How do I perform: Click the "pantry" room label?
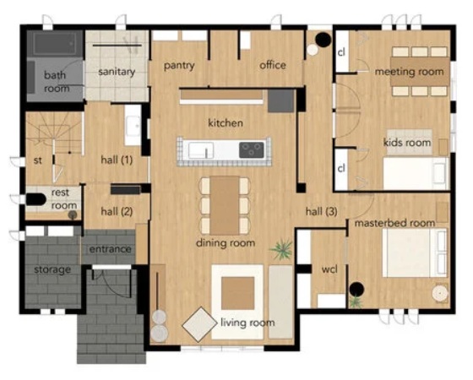point(179,66)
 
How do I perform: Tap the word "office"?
point(273,65)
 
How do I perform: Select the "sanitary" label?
point(117,72)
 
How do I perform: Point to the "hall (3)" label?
point(321,211)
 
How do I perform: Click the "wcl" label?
point(329,269)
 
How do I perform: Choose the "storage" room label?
point(52,269)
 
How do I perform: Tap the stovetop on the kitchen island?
point(252,150)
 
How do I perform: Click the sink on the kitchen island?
point(201,150)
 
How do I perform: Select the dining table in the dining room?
point(225,205)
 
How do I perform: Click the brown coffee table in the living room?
point(237,293)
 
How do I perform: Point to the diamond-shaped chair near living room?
point(199,324)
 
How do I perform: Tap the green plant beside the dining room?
point(281,249)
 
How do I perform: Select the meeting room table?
point(420,72)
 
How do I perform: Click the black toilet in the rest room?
point(35,199)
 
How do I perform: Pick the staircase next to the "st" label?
point(54,133)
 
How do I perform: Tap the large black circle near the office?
point(323,39)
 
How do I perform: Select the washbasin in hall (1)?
point(133,126)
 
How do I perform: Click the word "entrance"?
point(111,249)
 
